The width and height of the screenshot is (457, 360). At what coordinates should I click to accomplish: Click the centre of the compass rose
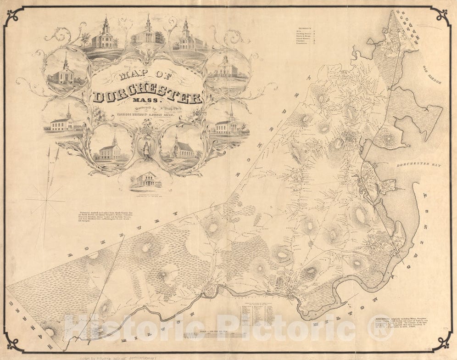tap(45, 201)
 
